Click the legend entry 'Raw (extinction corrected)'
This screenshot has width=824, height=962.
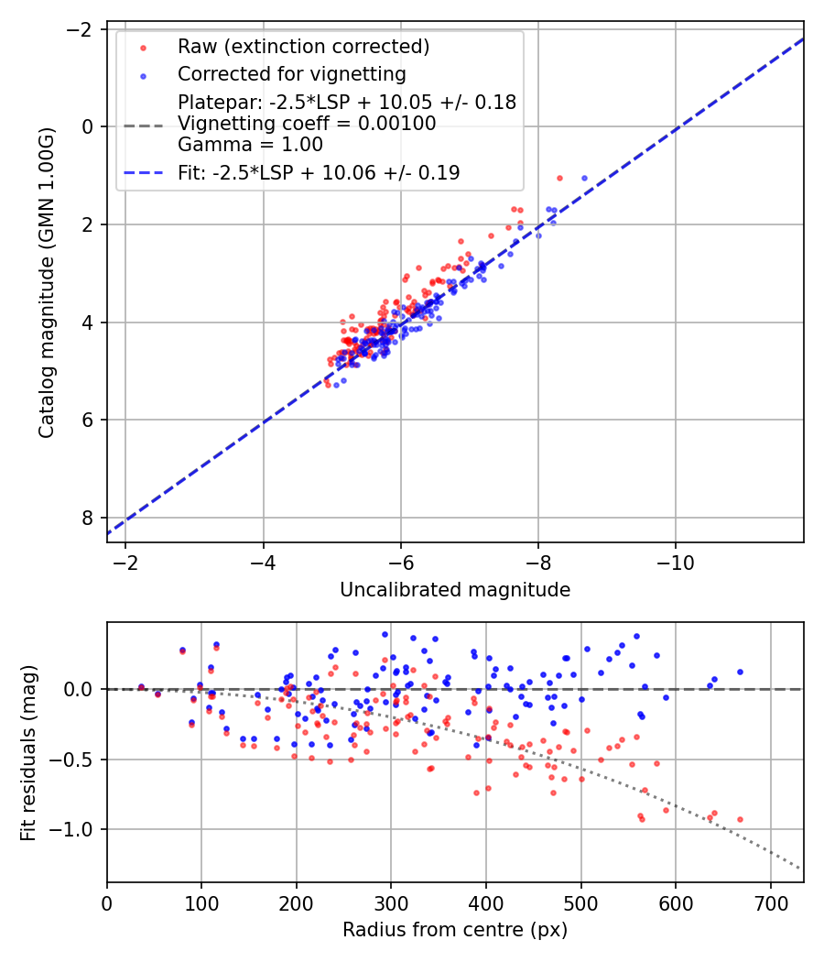303,47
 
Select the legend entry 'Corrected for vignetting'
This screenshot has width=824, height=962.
291,73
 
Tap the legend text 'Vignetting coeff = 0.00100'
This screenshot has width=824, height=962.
307,123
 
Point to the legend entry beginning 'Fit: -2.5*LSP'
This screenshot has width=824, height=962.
319,172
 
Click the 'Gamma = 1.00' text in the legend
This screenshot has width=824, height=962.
250,144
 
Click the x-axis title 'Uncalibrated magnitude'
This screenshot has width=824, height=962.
455,590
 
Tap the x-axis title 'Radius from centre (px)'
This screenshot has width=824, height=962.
455,930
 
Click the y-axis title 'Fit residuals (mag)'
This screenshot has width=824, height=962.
28,752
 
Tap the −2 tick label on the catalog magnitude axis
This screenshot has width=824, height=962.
83,29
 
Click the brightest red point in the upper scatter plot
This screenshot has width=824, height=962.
559,178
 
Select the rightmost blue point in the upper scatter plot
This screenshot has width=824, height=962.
584,178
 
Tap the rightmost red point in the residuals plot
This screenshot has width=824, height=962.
740,819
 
